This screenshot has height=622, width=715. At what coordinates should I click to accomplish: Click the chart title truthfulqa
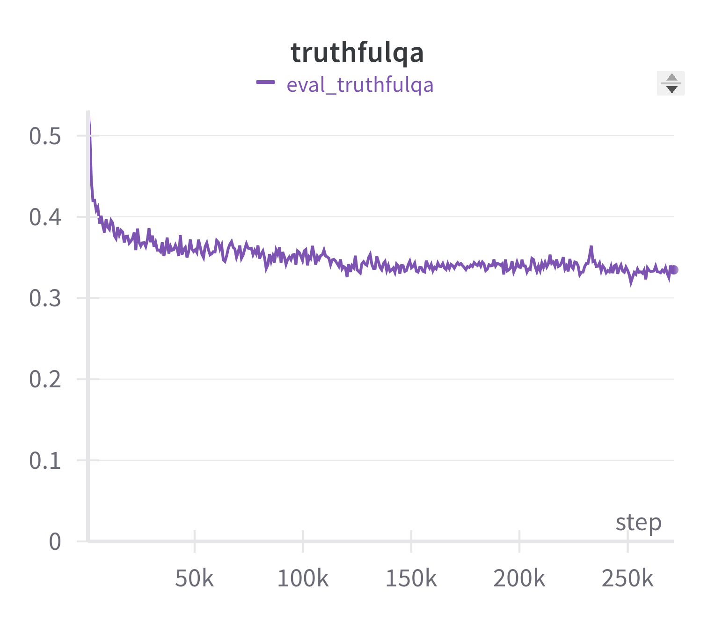pyautogui.click(x=357, y=52)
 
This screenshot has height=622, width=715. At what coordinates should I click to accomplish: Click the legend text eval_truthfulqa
pyautogui.click(x=360, y=85)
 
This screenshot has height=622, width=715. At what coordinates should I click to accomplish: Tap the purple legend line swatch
pyautogui.click(x=265, y=83)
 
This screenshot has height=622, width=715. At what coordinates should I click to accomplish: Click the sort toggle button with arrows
pyautogui.click(x=671, y=83)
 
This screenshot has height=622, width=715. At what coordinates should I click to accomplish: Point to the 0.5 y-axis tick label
pyautogui.click(x=45, y=136)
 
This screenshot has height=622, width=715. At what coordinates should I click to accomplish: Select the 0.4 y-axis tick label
pyautogui.click(x=45, y=217)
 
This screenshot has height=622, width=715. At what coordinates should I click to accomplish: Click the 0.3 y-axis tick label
pyautogui.click(x=45, y=298)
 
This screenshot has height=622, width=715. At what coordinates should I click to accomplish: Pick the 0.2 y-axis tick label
pyautogui.click(x=45, y=379)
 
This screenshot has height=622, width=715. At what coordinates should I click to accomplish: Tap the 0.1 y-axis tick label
pyautogui.click(x=45, y=460)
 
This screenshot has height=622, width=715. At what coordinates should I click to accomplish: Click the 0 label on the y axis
pyautogui.click(x=55, y=541)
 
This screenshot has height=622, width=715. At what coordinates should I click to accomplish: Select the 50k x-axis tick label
pyautogui.click(x=194, y=579)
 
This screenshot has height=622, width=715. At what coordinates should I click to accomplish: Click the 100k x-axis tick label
pyautogui.click(x=303, y=579)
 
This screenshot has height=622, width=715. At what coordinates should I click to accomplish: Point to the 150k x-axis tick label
pyautogui.click(x=411, y=579)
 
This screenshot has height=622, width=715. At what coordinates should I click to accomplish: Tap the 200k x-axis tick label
pyautogui.click(x=519, y=579)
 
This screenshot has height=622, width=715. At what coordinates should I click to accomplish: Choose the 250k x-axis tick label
pyautogui.click(x=627, y=579)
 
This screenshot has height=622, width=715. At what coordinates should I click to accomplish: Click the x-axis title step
pyautogui.click(x=638, y=522)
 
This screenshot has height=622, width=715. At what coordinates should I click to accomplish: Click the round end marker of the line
pyautogui.click(x=674, y=270)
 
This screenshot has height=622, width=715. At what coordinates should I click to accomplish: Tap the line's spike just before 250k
pyautogui.click(x=591, y=247)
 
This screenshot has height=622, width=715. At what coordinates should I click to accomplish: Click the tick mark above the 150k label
pyautogui.click(x=411, y=537)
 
